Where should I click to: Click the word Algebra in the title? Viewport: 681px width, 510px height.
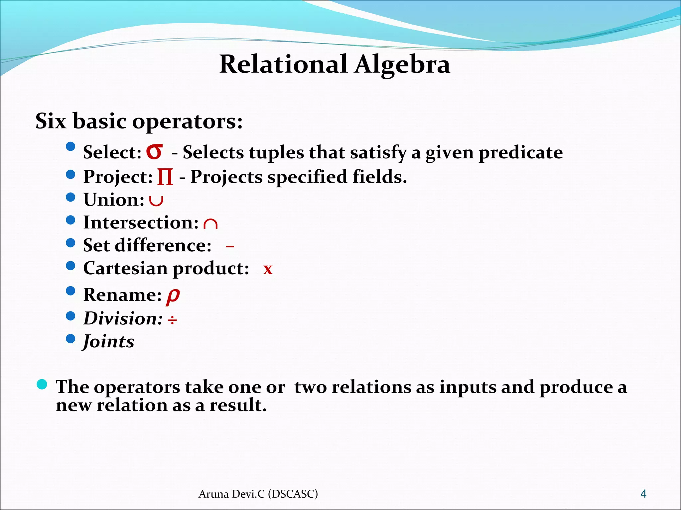coord(402,65)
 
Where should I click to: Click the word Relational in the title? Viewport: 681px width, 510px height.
coord(283,64)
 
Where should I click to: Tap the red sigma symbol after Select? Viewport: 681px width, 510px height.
coord(155,152)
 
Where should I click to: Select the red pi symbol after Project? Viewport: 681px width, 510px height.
coord(165,177)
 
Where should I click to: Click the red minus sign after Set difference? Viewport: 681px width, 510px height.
coord(230,247)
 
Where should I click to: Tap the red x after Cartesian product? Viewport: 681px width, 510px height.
coord(268,269)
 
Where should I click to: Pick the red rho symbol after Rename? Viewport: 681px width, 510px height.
coord(173,295)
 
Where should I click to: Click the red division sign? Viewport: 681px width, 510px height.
coord(172,320)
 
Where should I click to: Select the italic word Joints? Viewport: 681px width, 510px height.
coord(109,342)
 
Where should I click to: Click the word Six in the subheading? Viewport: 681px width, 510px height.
coord(51,121)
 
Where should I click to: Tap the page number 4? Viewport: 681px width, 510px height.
coord(643,494)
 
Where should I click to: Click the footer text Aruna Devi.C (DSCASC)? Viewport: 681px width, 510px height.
coord(258,494)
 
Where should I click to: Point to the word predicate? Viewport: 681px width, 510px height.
coord(520,153)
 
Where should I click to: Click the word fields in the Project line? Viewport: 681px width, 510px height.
coord(379,177)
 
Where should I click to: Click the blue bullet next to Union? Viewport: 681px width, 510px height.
coord(70,197)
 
